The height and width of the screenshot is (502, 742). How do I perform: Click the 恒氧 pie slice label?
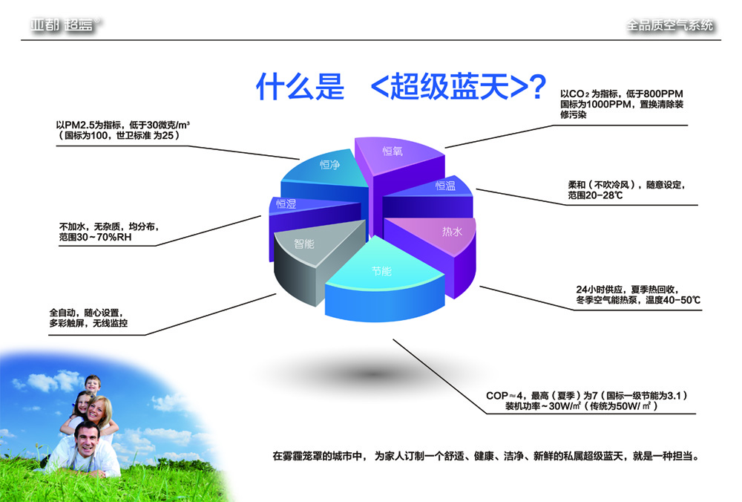(x=393, y=151)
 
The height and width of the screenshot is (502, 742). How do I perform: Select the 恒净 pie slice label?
(x=330, y=164)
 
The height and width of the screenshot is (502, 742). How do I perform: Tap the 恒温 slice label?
(x=445, y=186)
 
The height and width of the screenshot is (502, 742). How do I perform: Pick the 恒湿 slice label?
(x=286, y=203)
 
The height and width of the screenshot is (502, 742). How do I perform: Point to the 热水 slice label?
(x=452, y=232)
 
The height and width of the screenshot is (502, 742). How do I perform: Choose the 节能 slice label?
(x=381, y=271)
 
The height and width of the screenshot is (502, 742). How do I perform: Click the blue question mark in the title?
(x=536, y=87)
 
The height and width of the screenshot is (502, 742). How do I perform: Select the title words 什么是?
(x=300, y=87)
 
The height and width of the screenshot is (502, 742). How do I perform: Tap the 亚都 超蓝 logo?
(x=65, y=25)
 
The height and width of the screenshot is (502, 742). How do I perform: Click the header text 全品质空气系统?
(x=669, y=25)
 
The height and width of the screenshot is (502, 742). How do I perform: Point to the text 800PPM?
(x=663, y=94)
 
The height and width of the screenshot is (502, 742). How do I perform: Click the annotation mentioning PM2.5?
(x=122, y=130)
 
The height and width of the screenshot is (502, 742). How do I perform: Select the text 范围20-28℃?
(x=595, y=195)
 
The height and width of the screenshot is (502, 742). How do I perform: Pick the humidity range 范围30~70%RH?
(x=95, y=237)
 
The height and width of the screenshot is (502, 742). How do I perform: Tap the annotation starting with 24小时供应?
(x=638, y=295)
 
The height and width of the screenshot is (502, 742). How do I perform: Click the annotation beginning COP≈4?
(x=587, y=401)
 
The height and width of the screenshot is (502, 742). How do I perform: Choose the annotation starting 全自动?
(x=88, y=318)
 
